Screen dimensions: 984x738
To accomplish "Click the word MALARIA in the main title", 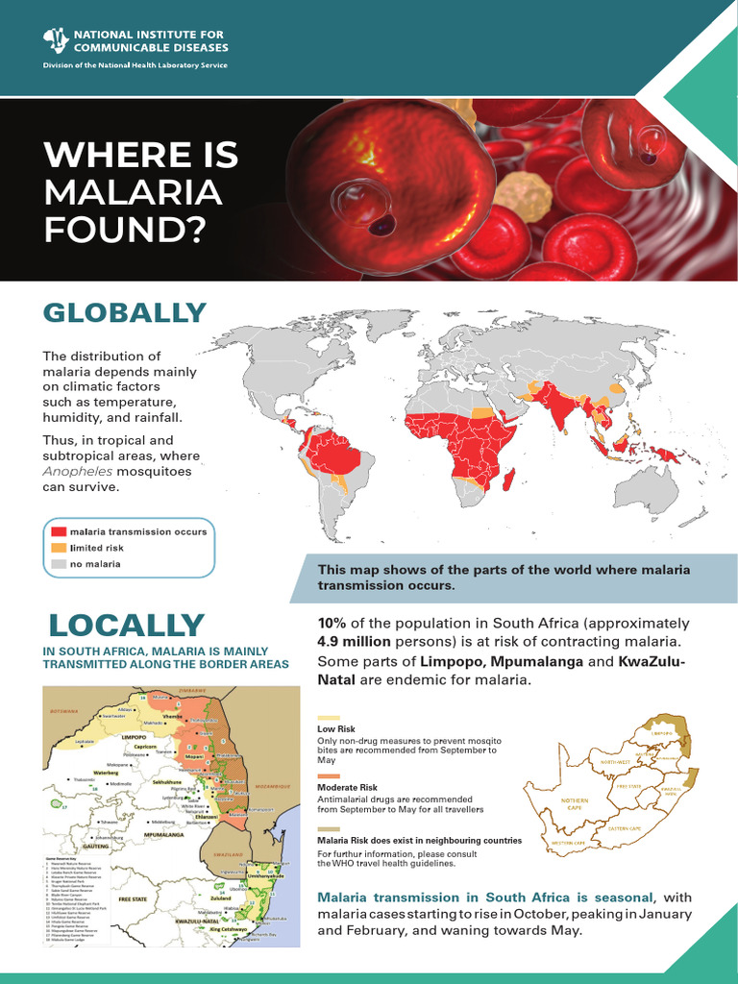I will tap(133, 192).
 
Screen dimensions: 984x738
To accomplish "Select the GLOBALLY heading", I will tap(125, 313).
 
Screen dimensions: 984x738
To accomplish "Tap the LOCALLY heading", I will tap(126, 625).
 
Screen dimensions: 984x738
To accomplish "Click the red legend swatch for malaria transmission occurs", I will tap(60, 531).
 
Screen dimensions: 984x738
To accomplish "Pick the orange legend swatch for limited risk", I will tap(60, 548).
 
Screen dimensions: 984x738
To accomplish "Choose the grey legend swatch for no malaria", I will tap(60, 564).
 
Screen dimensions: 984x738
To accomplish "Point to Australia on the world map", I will tap(646, 486).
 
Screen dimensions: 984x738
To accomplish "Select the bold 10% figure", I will tap(332, 624).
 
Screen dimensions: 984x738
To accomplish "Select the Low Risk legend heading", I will tap(336, 729).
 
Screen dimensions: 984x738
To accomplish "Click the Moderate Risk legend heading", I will tap(348, 788).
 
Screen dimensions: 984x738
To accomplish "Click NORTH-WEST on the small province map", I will tap(616, 762).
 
